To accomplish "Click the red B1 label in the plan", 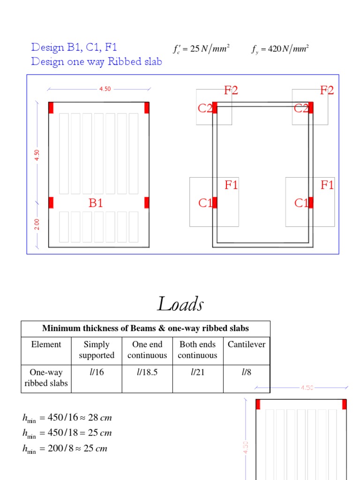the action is [96, 203].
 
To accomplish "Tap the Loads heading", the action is [180, 304].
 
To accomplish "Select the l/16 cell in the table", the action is [97, 372].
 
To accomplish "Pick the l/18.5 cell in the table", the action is [147, 372].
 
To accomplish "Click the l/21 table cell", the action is [197, 372].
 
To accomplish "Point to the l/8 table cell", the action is [246, 372].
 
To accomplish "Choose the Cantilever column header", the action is [246, 345].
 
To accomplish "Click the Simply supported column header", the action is [97, 350].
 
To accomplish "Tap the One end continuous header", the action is [147, 350].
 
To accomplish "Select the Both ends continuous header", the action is [197, 350].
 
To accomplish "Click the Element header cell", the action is [46, 345].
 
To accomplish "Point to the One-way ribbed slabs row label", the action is [46, 378].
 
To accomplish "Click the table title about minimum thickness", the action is [145, 328].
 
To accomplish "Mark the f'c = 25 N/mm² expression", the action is [201, 49].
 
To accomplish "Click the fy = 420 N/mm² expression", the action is [279, 49].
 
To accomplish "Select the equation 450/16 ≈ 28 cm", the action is [67, 418].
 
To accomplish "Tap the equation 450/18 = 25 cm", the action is [67, 433].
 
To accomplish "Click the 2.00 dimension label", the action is [37, 224].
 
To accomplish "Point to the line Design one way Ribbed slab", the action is [97, 61].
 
